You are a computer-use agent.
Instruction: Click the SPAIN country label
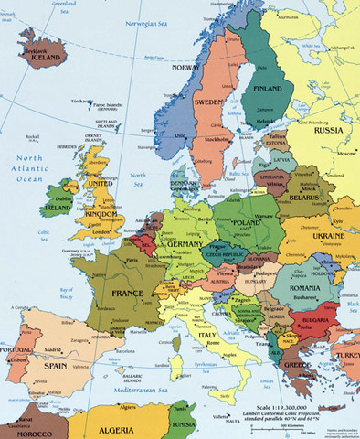tap(55, 366)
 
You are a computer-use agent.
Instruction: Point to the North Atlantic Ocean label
tap(27, 168)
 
